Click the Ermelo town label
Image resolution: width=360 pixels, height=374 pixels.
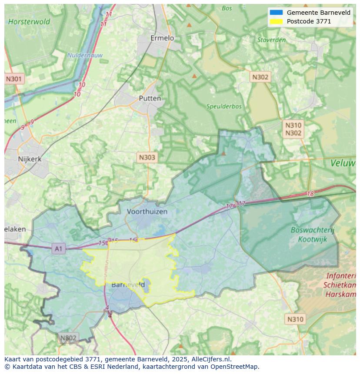[x=162, y=38]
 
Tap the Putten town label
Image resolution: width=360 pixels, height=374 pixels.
[x=150, y=99]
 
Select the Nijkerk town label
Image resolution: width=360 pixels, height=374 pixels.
[x=30, y=159]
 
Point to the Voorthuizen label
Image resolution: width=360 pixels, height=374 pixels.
[x=147, y=212]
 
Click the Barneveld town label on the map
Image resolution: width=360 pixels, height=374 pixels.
[x=128, y=285]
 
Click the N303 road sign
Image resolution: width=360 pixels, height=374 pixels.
[x=147, y=157]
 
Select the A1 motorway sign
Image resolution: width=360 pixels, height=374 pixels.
[x=58, y=249]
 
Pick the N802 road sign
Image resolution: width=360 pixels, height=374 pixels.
[x=68, y=338]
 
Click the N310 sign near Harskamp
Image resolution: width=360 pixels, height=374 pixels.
[x=295, y=319]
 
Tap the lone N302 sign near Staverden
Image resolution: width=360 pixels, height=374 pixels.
[x=260, y=77]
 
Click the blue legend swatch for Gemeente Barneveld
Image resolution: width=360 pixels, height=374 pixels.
[x=276, y=13]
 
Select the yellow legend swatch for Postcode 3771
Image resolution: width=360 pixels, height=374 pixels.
[x=276, y=21]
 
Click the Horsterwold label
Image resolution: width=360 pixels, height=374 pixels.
[x=29, y=22]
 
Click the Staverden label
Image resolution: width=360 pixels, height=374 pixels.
[x=271, y=40]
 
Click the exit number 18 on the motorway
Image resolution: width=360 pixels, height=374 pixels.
[x=310, y=194]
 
